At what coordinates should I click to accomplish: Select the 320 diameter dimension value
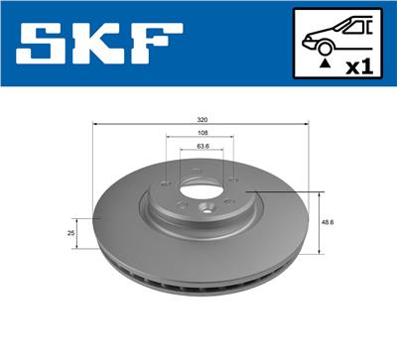coord(202,118)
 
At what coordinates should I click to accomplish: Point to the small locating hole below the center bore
coord(203,207)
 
